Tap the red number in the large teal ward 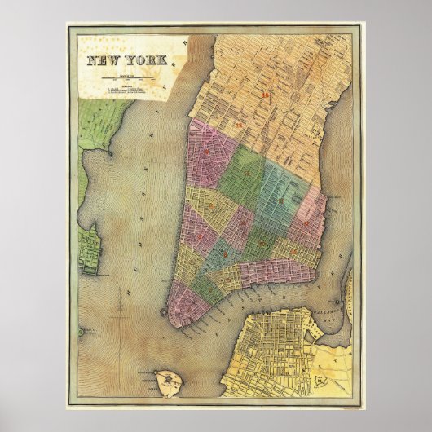[x=280, y=200]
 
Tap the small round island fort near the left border [x=82, y=333]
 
